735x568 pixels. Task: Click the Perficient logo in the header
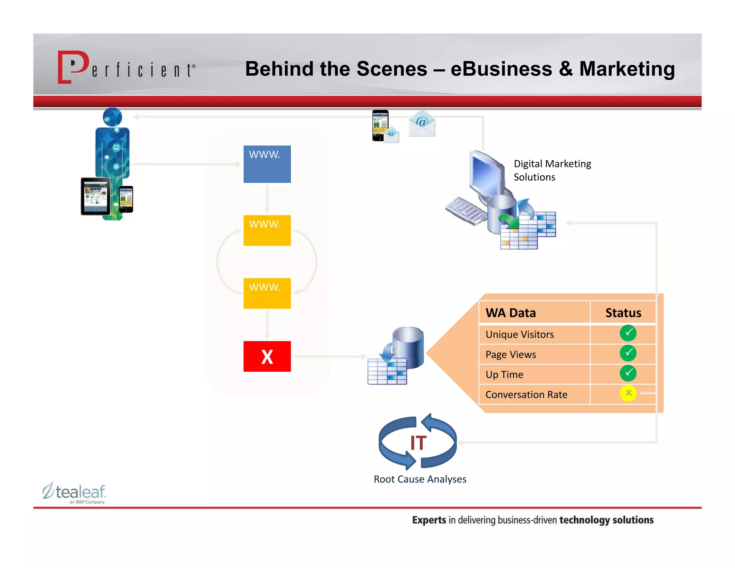[x=126, y=67]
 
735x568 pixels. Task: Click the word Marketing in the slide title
[x=627, y=69]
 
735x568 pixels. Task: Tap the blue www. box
[x=267, y=164]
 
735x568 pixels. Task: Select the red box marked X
[x=267, y=356]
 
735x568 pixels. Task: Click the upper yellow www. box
[x=267, y=230]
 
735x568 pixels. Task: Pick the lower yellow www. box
[x=267, y=293]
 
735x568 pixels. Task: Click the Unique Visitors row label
[x=519, y=335]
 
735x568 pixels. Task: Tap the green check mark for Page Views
[x=628, y=353]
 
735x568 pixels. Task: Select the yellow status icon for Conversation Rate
[x=628, y=393]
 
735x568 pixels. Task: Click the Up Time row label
[x=504, y=374]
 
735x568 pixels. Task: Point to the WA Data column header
[x=510, y=313]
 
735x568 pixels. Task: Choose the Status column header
[x=623, y=313]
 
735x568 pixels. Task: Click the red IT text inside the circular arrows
[x=418, y=443]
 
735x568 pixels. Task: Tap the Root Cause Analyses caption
[x=420, y=479]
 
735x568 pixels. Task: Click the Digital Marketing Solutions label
[x=552, y=170]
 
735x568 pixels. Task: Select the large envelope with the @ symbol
[x=422, y=124]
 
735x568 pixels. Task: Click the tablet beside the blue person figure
[x=95, y=196]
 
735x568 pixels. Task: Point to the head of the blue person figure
[x=112, y=117]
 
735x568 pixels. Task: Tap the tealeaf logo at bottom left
[x=75, y=493]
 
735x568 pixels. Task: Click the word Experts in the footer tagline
[x=429, y=520]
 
